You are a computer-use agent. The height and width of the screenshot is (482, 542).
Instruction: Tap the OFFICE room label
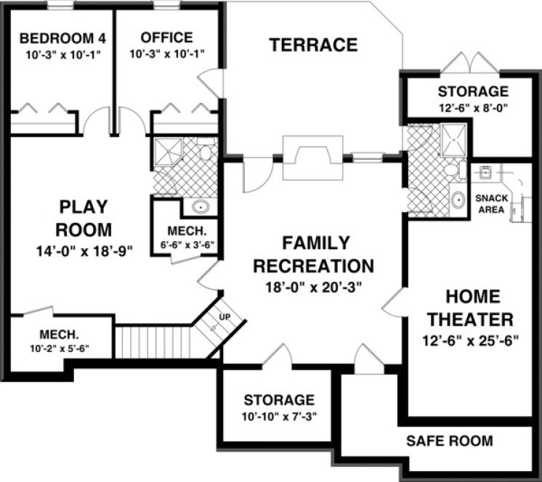167,38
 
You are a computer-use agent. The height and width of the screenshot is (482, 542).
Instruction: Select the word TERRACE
313,45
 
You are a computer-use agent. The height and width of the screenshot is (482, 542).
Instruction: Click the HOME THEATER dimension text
469,340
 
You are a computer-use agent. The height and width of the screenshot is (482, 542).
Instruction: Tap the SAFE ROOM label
449,441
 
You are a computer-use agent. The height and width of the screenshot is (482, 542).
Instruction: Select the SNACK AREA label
490,204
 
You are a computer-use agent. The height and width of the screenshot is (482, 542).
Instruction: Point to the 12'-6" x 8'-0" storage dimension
472,107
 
